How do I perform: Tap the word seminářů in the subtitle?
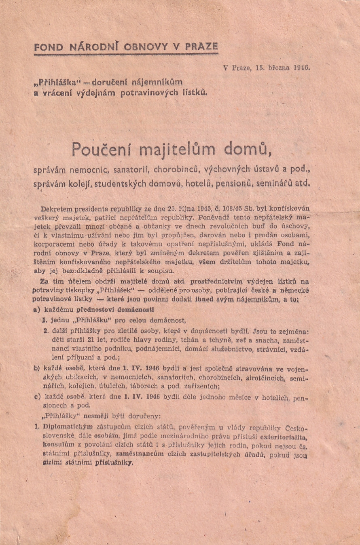click(276, 182)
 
